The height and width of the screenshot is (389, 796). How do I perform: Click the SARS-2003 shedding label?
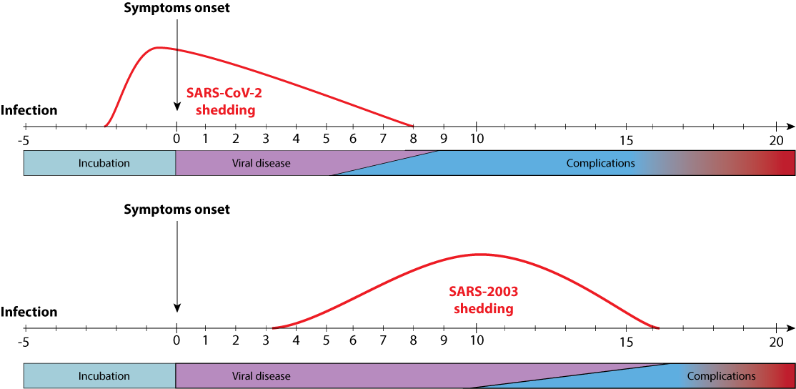[x=483, y=300]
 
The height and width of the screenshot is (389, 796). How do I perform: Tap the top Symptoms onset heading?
[x=176, y=9]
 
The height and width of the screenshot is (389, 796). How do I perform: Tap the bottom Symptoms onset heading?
[x=176, y=210]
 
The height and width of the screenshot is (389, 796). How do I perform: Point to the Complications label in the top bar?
[x=600, y=163]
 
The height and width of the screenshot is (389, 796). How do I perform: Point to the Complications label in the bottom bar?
[x=721, y=375]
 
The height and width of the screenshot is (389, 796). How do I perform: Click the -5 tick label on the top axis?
[x=24, y=139]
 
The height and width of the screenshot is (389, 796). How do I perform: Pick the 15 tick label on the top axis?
[x=626, y=139]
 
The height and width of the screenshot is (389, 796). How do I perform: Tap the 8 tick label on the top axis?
[x=413, y=139]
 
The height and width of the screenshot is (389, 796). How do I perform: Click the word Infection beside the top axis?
[x=29, y=111]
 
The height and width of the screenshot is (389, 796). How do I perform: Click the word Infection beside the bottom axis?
[x=29, y=312]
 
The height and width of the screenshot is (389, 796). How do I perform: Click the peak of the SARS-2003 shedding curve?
[x=479, y=255]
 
